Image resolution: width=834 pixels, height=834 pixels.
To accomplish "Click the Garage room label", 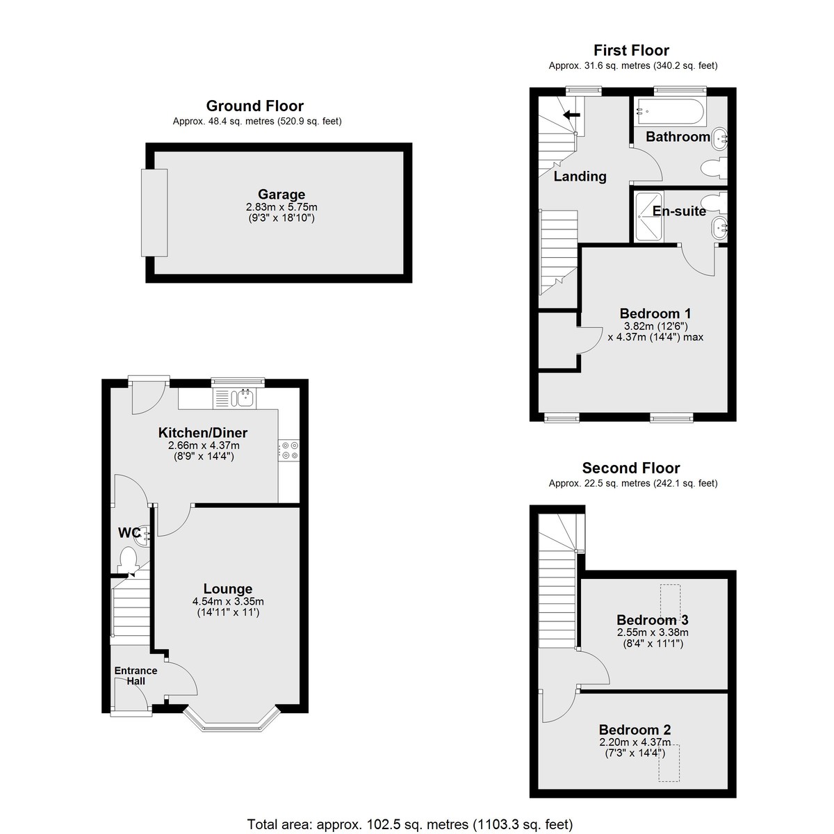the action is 281,195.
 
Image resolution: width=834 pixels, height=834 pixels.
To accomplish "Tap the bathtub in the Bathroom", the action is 670,113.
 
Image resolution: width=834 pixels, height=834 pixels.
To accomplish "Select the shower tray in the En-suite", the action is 648,216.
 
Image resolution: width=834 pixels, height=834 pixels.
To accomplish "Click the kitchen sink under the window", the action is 244,398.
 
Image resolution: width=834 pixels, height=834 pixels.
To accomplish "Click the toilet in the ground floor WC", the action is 128,560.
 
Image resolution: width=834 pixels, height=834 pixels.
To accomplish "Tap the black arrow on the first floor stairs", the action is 571,115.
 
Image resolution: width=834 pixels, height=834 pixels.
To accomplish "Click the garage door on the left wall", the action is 154,213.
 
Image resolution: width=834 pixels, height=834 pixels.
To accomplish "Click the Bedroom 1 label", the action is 655,313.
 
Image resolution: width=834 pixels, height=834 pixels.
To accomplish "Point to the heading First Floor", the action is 632,51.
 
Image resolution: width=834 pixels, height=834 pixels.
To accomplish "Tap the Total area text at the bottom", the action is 410,824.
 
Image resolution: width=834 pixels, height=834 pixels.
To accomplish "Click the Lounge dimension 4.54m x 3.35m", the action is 228,602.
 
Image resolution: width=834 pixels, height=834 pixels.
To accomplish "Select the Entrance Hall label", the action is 136,676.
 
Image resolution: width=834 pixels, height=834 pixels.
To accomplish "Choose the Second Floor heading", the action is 631,468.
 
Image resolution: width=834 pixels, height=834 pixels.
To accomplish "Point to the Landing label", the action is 580,177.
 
